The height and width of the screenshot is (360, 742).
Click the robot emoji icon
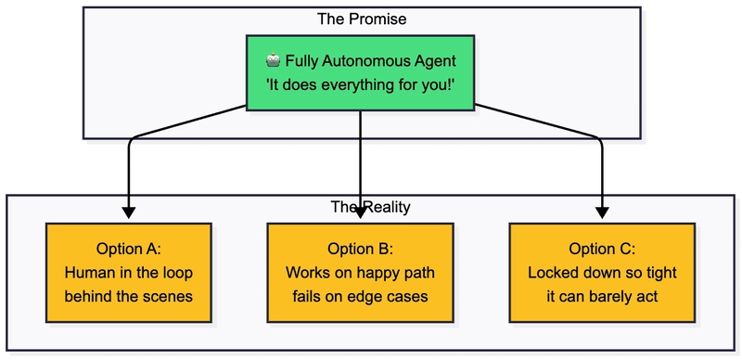pos(273,60)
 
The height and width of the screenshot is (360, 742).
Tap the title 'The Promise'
pos(362,19)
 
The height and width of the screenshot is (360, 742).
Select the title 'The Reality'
pos(370,208)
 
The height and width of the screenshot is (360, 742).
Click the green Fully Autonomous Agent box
pos(360,72)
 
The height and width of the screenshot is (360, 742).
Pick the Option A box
pos(129,273)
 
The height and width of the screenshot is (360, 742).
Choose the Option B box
pos(360,273)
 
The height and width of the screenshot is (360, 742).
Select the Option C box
pos(602,273)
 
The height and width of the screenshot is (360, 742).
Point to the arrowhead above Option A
pos(129,212)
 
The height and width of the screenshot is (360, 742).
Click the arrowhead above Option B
pos(360,212)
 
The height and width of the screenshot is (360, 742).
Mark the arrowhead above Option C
pos(602,212)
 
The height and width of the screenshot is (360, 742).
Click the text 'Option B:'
pos(360,249)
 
